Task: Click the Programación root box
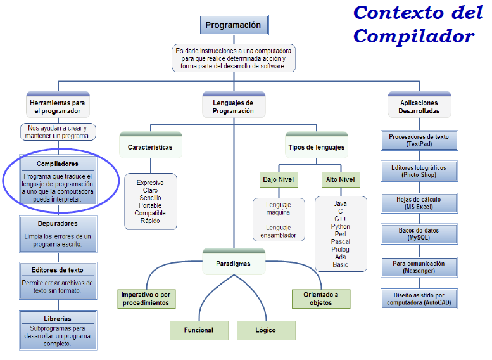click(233, 25)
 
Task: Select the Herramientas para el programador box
click(58, 106)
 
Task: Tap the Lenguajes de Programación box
click(233, 106)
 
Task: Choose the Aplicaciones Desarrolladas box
click(419, 106)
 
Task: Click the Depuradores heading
click(58, 224)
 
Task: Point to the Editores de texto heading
click(58, 270)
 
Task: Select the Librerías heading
click(58, 318)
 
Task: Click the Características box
click(150, 147)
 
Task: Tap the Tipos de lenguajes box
click(316, 147)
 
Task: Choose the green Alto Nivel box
click(340, 179)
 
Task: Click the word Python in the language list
click(340, 226)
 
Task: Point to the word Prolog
click(340, 249)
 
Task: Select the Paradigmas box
click(233, 264)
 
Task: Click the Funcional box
click(199, 330)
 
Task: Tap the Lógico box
click(265, 330)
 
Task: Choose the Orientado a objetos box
click(321, 299)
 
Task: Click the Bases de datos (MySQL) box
click(419, 234)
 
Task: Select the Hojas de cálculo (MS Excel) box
click(419, 202)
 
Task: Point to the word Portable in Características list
click(150, 205)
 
